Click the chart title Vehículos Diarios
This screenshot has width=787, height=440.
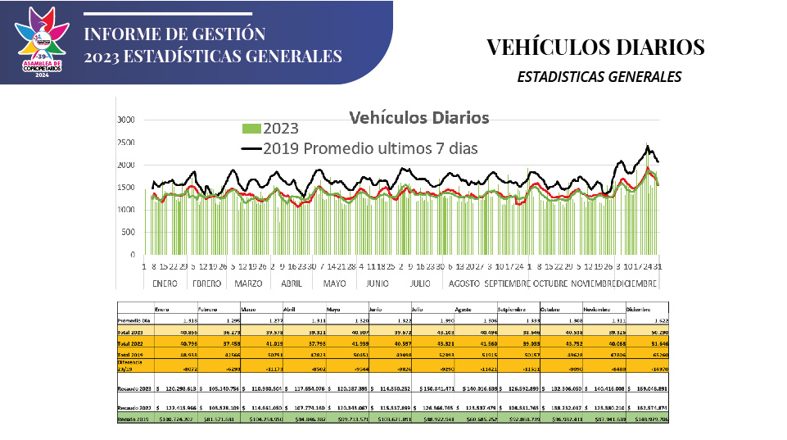pos(419,117)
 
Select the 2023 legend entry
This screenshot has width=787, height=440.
pos(270,129)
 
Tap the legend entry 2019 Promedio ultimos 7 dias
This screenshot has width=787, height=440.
pos(360,148)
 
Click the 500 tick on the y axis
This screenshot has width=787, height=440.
pos(127,233)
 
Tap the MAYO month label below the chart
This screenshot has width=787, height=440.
pos(334,284)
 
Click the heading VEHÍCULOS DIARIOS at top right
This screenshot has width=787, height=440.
pos(595,47)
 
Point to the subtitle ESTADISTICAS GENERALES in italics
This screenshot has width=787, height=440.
pos(599,77)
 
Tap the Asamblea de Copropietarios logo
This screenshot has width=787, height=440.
pos(42,43)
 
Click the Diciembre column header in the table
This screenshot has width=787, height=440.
pos(641,309)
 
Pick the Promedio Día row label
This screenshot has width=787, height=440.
pos(133,320)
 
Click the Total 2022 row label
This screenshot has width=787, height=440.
pos(130,344)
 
